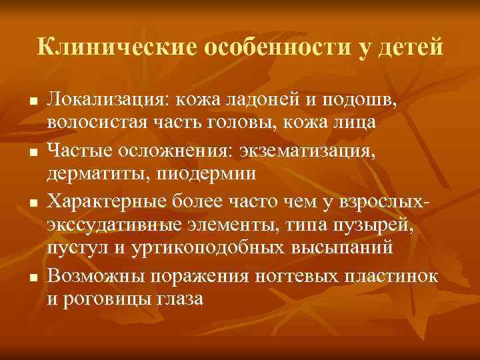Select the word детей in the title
tap(412, 47)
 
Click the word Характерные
tap(114, 200)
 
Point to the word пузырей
tap(377, 223)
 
